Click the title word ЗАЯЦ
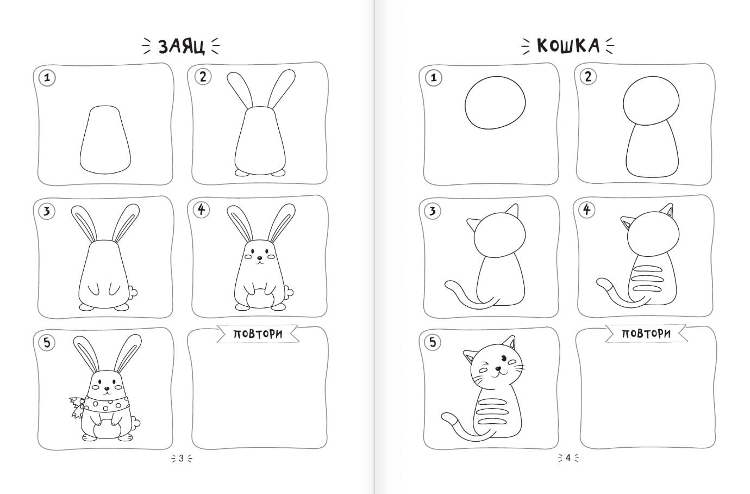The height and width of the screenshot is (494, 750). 182,46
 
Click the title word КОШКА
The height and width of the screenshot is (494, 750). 568,46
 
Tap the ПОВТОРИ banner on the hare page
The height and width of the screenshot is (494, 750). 258,334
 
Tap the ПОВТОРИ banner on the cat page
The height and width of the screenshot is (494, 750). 646,334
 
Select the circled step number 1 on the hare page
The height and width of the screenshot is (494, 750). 47,78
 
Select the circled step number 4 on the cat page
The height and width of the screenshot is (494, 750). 587,210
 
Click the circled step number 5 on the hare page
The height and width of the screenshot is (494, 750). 47,343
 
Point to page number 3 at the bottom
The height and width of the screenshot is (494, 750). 181,458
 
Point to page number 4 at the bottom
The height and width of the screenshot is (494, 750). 568,458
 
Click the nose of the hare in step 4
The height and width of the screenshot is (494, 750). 259,258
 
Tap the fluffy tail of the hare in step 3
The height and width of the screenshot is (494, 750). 133,292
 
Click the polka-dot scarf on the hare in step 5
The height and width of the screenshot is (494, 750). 101,405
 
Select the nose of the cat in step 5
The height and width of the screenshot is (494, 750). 498,369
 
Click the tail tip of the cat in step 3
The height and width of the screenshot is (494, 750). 449,285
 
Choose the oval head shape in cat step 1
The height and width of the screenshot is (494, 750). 495,102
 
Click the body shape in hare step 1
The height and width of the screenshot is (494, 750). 105,140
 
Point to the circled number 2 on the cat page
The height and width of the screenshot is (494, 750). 588,77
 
